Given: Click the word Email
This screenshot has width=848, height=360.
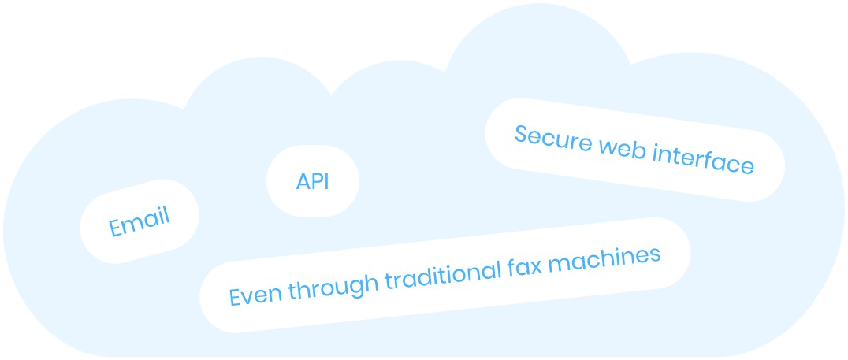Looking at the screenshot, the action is click(x=139, y=221).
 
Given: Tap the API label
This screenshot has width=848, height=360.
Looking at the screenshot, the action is click(x=313, y=182).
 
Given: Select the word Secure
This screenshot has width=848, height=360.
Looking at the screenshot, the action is click(x=552, y=139).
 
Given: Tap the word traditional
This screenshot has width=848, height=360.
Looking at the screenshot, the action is click(x=442, y=275).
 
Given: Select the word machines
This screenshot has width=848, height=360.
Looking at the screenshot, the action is click(x=604, y=258).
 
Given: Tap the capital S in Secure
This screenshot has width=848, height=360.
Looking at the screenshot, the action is click(x=522, y=133).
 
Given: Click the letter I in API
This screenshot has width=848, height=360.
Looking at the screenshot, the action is click(x=327, y=182).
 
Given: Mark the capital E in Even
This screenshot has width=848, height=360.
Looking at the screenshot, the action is click(x=235, y=297).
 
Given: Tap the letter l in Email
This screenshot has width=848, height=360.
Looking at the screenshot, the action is click(x=166, y=214).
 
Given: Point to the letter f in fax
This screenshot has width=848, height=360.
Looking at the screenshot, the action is click(x=511, y=267).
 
